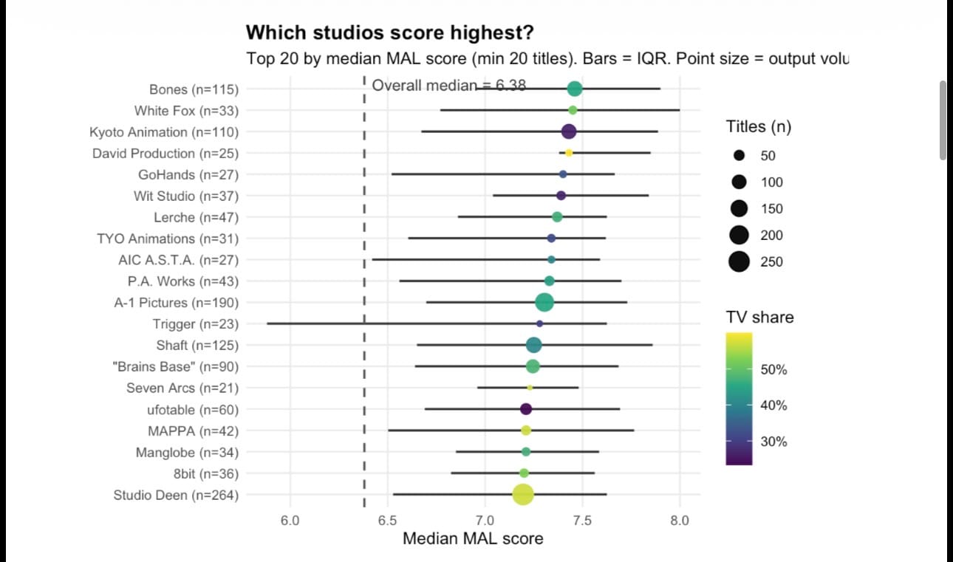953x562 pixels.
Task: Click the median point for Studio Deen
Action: (523, 495)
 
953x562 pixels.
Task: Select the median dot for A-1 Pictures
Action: (544, 302)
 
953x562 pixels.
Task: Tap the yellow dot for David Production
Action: (569, 153)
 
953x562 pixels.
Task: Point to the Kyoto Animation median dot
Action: (568, 131)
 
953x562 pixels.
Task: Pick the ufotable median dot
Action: (526, 409)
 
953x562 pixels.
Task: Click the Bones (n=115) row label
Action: (194, 89)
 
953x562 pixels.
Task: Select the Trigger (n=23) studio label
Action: (196, 324)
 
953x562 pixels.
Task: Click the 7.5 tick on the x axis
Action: (582, 521)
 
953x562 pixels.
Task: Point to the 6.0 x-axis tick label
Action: (290, 521)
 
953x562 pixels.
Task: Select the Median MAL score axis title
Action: (473, 538)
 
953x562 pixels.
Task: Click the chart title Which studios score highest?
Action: (389, 32)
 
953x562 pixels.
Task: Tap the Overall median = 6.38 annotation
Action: (448, 85)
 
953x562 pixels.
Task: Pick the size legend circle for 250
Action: (739, 261)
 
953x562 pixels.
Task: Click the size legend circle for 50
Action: (739, 156)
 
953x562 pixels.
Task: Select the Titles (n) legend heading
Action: (759, 127)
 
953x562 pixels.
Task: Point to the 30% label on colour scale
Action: (773, 442)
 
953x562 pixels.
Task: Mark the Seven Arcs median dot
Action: (530, 388)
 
